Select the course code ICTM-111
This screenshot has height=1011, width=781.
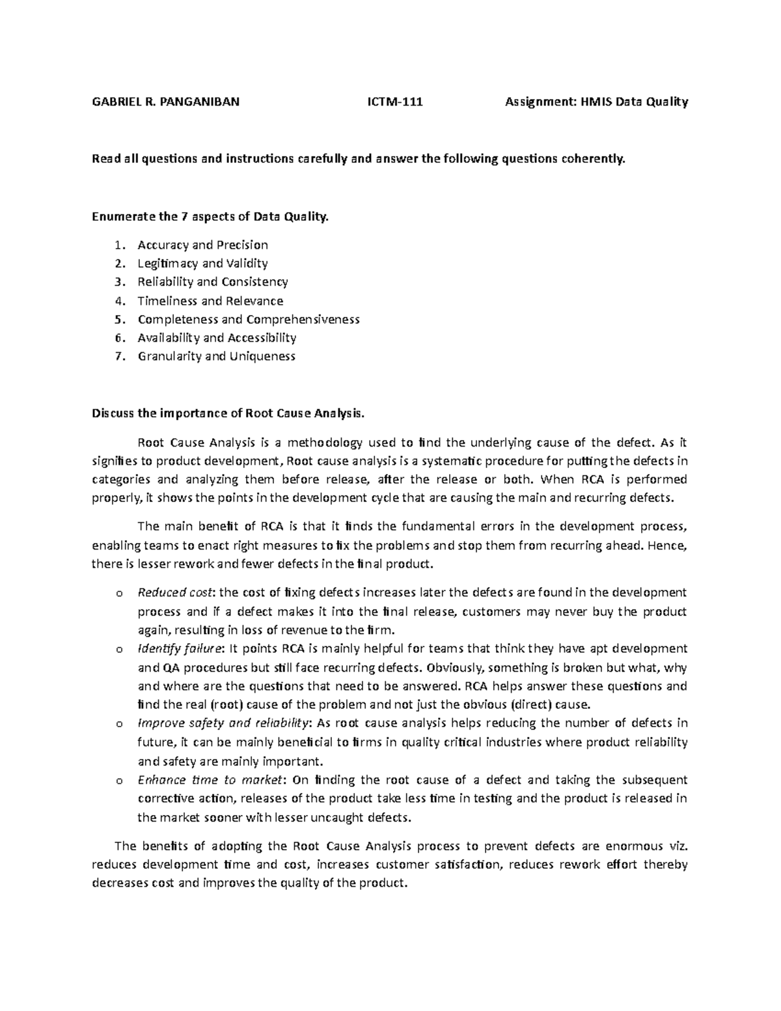(395, 102)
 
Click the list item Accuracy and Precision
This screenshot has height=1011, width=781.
(202, 245)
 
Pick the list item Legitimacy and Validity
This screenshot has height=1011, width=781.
(202, 264)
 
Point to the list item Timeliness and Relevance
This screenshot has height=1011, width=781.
(210, 301)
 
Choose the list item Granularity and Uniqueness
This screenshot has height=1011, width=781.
(216, 356)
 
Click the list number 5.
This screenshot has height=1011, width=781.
(118, 320)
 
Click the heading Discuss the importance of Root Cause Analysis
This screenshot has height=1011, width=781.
(230, 413)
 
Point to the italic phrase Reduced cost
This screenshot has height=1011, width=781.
(175, 592)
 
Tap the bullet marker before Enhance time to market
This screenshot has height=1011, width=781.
(118, 781)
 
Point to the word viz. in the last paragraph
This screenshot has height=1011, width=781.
(677, 846)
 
